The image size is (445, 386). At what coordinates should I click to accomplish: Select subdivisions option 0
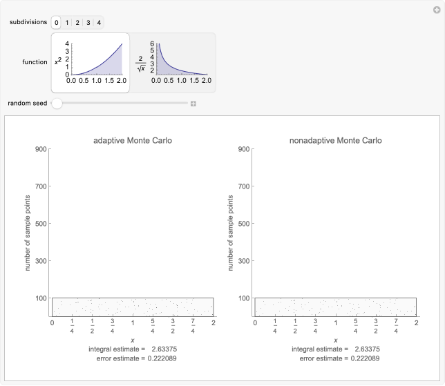(x=57, y=23)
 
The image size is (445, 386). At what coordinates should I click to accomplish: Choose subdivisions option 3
(x=88, y=23)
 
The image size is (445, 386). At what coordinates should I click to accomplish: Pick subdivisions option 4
(x=100, y=23)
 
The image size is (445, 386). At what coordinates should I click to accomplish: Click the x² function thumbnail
(x=90, y=62)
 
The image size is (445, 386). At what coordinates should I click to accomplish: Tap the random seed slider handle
(x=57, y=104)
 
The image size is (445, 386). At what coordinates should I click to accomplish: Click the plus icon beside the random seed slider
(x=193, y=104)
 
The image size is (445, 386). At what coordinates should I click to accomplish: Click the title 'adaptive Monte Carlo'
(x=133, y=141)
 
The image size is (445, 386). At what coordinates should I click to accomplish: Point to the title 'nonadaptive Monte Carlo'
(x=336, y=141)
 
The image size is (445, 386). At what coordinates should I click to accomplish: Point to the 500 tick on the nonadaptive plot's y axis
(x=243, y=224)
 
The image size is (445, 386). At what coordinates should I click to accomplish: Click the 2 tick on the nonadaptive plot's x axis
(x=416, y=322)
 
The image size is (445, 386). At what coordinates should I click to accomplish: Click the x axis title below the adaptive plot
(x=133, y=340)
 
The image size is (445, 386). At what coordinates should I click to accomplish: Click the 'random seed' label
(x=28, y=104)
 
